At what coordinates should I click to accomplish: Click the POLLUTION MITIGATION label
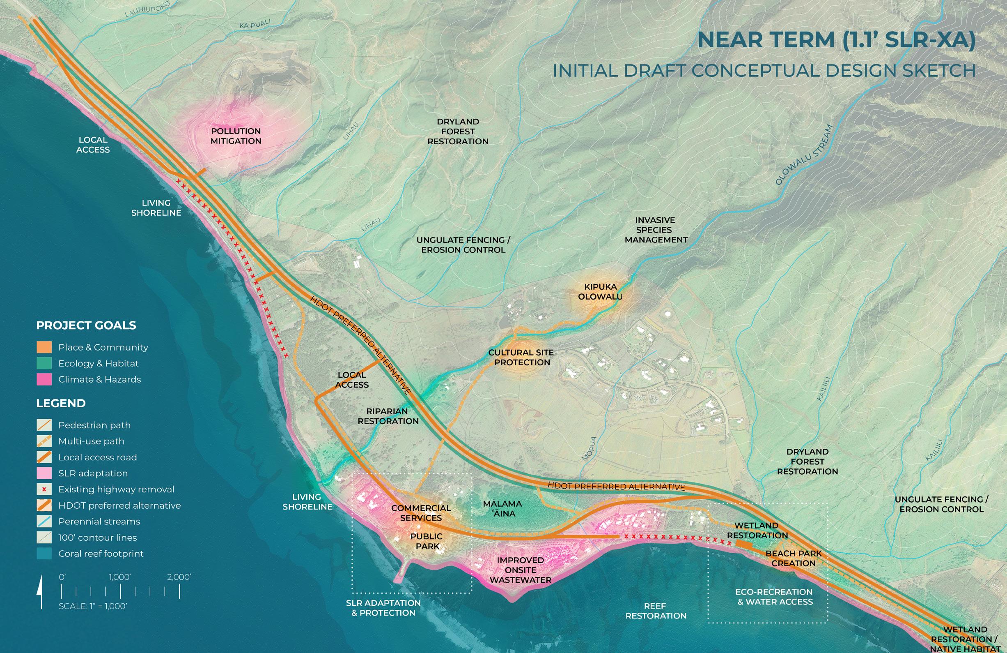pos(236,136)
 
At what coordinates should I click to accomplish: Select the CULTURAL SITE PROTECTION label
pos(521,358)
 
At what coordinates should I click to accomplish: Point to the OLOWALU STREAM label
pos(804,155)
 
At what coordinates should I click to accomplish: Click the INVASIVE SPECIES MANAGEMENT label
pos(656,230)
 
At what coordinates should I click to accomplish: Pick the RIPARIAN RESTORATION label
pos(388,416)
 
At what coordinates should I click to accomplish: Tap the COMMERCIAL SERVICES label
pos(421,513)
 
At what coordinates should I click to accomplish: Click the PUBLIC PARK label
pos(427,541)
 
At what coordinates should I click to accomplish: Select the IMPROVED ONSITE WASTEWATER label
pos(521,570)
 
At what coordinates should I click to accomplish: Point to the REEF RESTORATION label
pos(656,611)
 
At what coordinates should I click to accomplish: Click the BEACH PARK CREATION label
pos(794,558)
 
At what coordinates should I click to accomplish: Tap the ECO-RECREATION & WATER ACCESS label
pos(774,597)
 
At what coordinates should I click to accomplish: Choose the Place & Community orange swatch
pos(44,347)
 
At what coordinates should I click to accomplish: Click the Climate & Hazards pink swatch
pos(44,379)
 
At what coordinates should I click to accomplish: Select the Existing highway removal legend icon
pos(44,489)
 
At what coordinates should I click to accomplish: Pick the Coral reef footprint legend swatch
pos(44,554)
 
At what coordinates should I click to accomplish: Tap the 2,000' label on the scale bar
pos(179,577)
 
